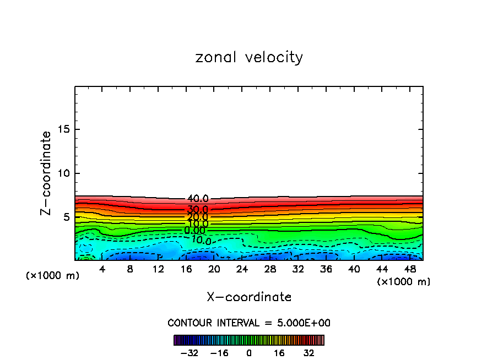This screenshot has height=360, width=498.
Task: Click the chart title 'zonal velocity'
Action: click(249, 57)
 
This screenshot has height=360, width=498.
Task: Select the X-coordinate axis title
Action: click(249, 297)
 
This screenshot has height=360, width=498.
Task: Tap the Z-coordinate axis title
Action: click(47, 173)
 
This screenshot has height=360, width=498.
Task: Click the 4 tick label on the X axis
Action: click(102, 270)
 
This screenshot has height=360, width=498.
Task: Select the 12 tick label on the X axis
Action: click(158, 270)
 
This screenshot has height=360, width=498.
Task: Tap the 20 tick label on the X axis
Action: click(214, 270)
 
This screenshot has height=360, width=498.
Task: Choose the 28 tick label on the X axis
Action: click(270, 270)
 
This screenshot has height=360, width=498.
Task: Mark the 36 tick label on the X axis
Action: click(326, 270)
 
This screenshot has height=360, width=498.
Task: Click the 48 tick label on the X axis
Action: click(409, 270)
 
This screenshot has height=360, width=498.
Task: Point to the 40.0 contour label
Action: click(198, 199)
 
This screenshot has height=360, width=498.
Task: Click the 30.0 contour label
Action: click(197, 210)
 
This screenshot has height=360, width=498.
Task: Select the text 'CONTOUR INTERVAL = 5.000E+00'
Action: click(249, 323)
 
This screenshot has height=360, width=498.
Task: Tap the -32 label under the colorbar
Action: click(189, 353)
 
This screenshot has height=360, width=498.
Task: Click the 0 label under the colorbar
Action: click(249, 353)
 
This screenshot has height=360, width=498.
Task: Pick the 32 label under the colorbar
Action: click(308, 353)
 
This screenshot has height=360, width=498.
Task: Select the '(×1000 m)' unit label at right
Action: click(403, 282)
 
